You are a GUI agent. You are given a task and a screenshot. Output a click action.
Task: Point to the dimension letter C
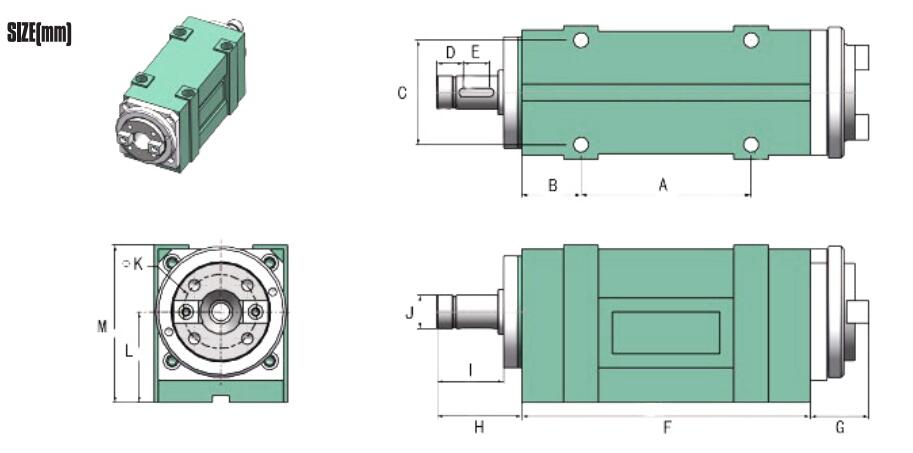click(x=402, y=93)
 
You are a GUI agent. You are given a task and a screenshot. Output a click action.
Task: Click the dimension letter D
click(x=450, y=52)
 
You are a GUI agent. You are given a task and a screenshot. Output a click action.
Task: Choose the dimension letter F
click(x=666, y=428)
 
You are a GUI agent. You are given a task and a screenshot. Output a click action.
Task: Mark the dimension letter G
click(x=839, y=428)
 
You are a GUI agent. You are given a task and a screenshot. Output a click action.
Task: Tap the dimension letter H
click(x=479, y=428)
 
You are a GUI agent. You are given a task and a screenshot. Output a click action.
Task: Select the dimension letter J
click(x=409, y=313)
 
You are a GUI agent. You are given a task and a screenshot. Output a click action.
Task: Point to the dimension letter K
click(x=138, y=264)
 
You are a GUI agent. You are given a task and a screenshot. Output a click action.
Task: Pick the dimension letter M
click(x=102, y=325)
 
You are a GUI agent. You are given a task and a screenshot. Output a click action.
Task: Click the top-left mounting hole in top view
click(x=580, y=41)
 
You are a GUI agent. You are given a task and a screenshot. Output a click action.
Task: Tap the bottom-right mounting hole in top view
click(x=751, y=146)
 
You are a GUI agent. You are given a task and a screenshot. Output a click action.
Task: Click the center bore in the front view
click(x=220, y=312)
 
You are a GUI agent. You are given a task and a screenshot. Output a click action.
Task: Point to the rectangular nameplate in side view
click(x=666, y=332)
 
